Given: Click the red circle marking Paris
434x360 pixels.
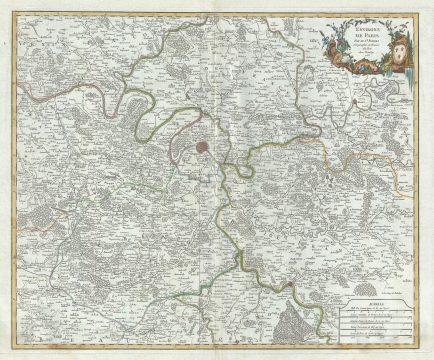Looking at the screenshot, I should click(x=203, y=146).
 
